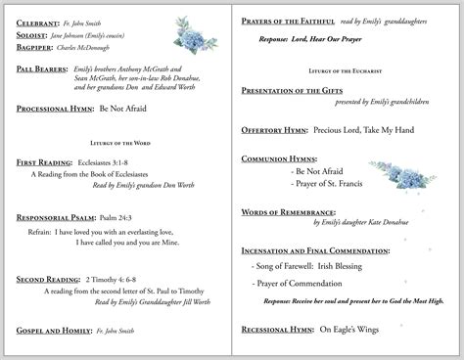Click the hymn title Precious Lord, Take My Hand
[363, 129]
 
